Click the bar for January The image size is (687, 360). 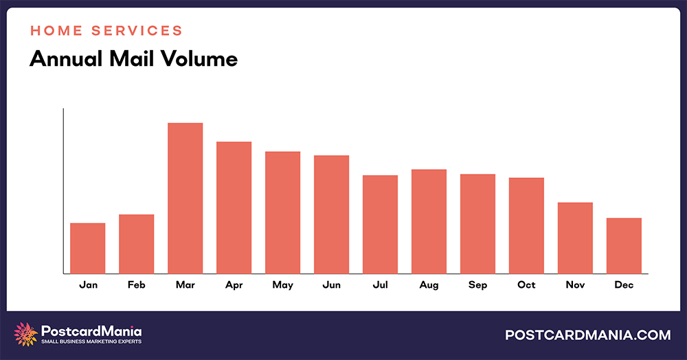pyautogui.click(x=87, y=248)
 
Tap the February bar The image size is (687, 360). pyautogui.click(x=136, y=244)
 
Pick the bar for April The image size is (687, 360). pyautogui.click(x=234, y=207)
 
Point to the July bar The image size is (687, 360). pyautogui.click(x=380, y=224)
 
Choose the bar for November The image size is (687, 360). pyautogui.click(x=575, y=238)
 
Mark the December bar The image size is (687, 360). pyautogui.click(x=624, y=245)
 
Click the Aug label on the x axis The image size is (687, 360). pyautogui.click(x=429, y=284)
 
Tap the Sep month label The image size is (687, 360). pyautogui.click(x=477, y=284)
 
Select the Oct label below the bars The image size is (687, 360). pyautogui.click(x=526, y=284)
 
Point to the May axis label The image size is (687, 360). pyautogui.click(x=282, y=284)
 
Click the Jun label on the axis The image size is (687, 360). pyautogui.click(x=331, y=284)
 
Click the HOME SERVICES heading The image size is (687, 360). pyautogui.click(x=106, y=31)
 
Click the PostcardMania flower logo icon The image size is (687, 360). pyautogui.click(x=26, y=334)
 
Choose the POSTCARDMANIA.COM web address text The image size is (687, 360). pyautogui.click(x=587, y=335)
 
